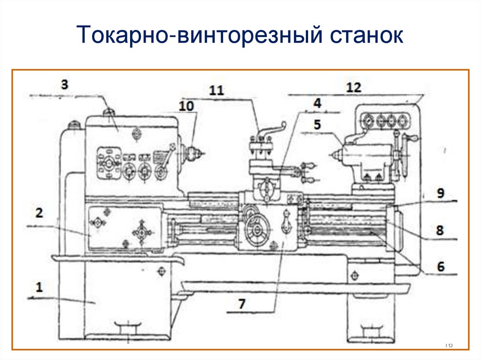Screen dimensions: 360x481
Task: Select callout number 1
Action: pyautogui.click(x=39, y=287)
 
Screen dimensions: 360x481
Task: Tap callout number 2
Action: pyautogui.click(x=39, y=213)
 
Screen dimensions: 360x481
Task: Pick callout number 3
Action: pyautogui.click(x=64, y=84)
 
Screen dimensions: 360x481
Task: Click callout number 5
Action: pyautogui.click(x=317, y=125)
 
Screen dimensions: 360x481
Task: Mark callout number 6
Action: pyautogui.click(x=440, y=266)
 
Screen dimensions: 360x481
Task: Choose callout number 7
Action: pyautogui.click(x=241, y=304)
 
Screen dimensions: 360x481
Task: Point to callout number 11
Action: pyautogui.click(x=217, y=91)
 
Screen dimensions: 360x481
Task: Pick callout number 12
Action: pyautogui.click(x=353, y=87)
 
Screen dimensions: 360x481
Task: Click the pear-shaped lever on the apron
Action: pyautogui.click(x=286, y=222)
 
